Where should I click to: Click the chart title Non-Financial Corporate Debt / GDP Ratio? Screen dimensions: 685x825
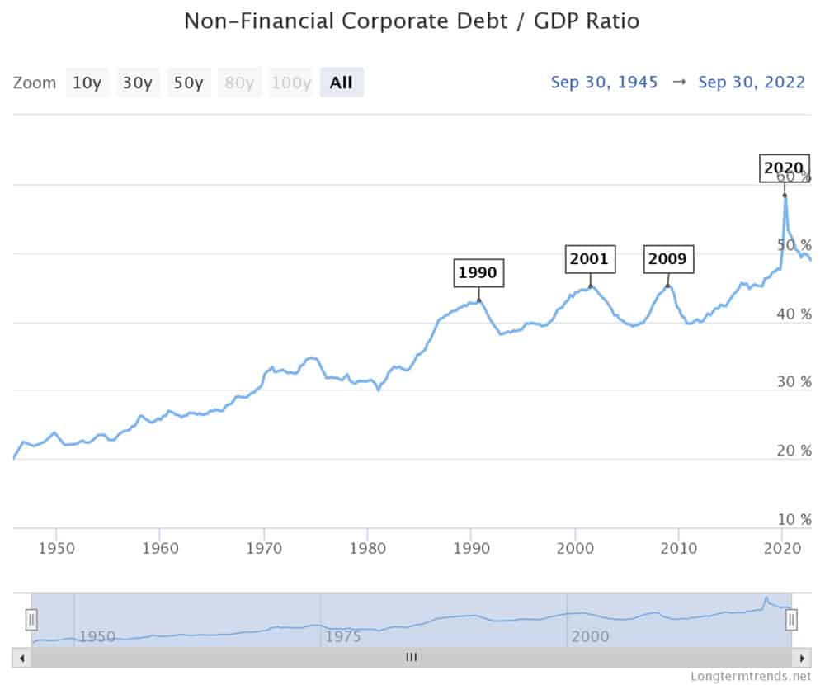coord(412,21)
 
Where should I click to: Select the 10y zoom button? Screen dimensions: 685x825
coord(87,83)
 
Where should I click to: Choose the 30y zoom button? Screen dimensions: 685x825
coord(137,83)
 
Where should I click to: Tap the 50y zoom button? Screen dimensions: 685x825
coord(188,83)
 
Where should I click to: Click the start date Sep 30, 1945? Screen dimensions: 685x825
coord(604,83)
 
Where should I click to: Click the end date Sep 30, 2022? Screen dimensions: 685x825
coord(752,83)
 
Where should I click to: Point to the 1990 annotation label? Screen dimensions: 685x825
coord(478,273)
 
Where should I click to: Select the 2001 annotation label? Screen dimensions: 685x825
coord(589,259)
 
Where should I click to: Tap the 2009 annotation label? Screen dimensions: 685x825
coord(667,259)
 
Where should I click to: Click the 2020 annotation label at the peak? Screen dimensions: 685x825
coord(783,168)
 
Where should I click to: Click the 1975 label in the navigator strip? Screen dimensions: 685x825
coord(343,636)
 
